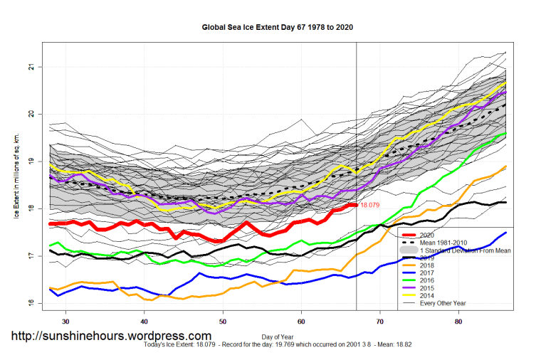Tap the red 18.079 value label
(x=370, y=205)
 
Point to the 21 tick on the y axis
(x=31, y=67)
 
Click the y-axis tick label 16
(x=31, y=302)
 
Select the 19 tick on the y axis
(x=31, y=162)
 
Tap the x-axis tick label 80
(x=459, y=321)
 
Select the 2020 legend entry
(x=437, y=233)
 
